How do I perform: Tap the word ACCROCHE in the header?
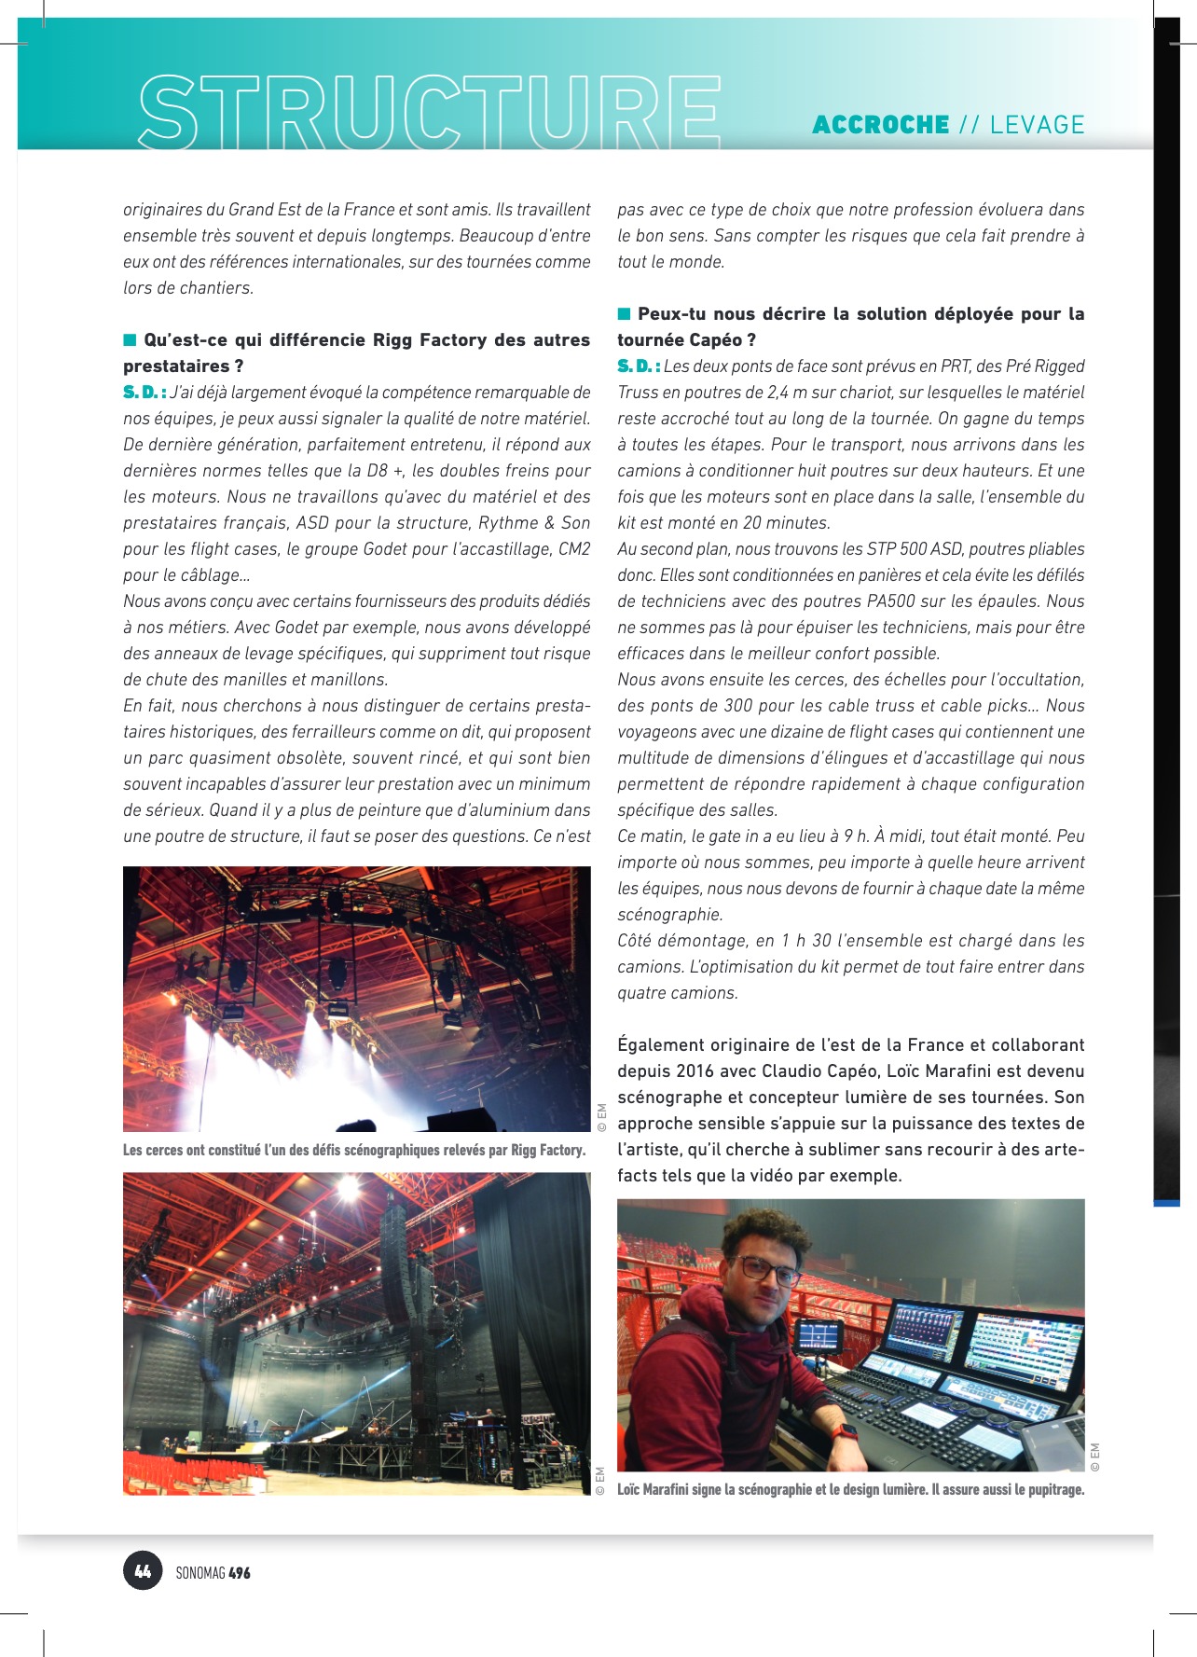click(880, 125)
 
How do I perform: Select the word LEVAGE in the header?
click(1037, 125)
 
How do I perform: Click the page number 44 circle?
click(143, 1571)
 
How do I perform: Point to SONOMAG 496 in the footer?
click(213, 1572)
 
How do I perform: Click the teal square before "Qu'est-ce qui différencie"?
click(131, 339)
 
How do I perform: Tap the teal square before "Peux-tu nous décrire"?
click(625, 313)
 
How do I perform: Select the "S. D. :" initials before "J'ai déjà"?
click(144, 393)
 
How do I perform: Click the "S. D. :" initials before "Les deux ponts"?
click(639, 366)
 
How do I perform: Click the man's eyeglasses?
click(766, 1269)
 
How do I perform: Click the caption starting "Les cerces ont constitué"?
click(354, 1150)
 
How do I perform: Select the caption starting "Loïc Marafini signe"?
click(850, 1489)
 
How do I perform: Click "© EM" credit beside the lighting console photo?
click(1094, 1457)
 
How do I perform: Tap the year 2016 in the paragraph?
click(695, 1071)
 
